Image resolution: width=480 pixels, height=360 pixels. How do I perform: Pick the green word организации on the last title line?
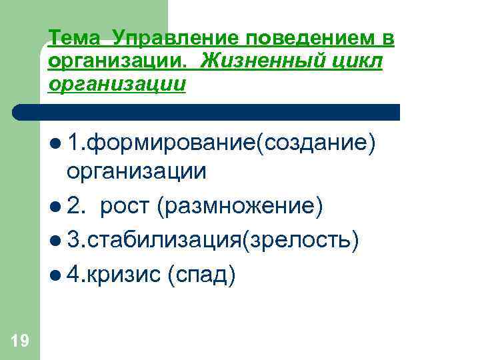(x=117, y=85)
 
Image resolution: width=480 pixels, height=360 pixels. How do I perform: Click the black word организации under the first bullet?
(x=136, y=172)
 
